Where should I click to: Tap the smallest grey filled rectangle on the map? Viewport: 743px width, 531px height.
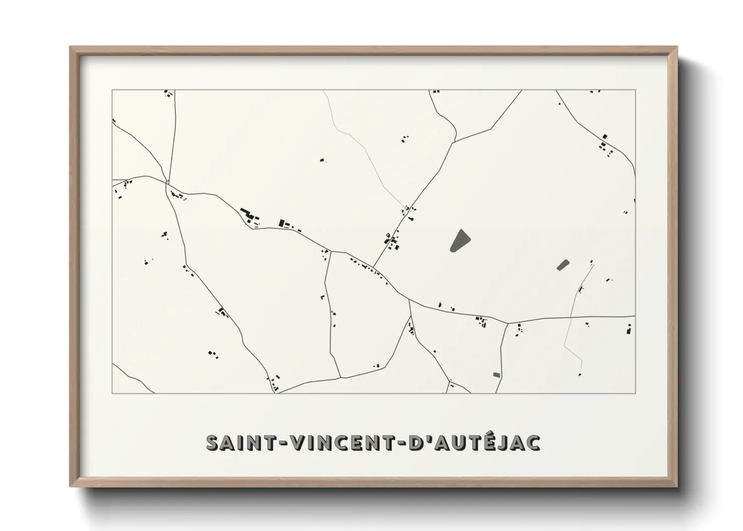click(497, 374)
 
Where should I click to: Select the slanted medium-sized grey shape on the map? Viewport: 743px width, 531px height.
click(563, 264)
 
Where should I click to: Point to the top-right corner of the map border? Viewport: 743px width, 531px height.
click(636, 90)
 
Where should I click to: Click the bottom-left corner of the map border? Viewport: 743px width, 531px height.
click(112, 393)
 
